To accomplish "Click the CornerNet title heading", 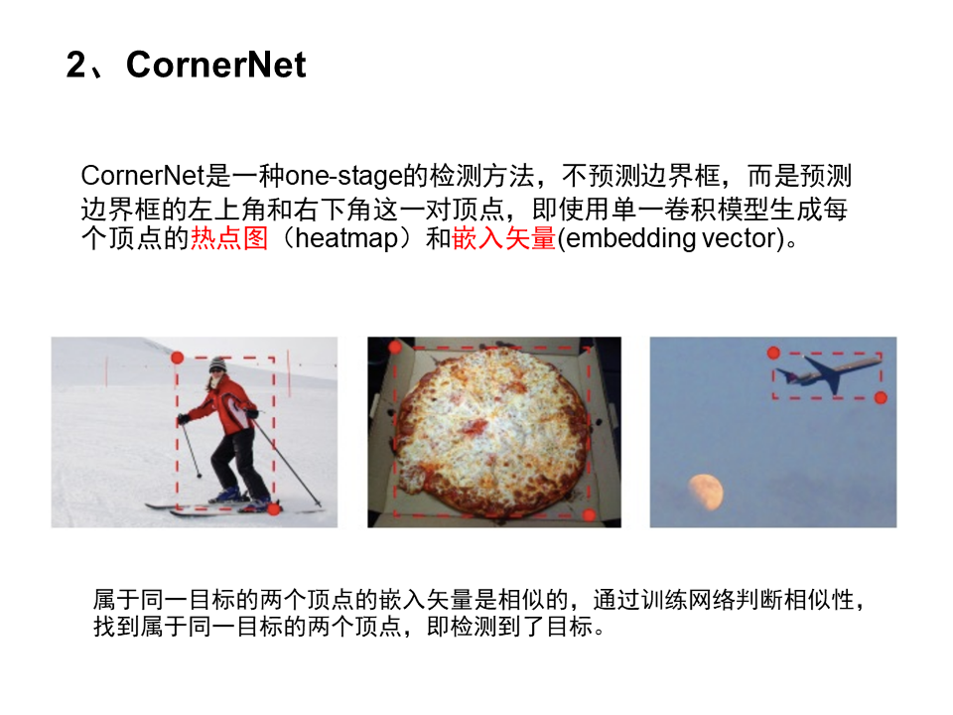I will point(216,66).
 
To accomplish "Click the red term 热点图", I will point(229,239).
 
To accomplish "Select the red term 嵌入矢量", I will point(503,239).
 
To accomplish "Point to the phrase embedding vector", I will point(670,239).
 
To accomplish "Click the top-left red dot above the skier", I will point(177,357).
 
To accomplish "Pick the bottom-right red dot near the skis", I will point(274,507).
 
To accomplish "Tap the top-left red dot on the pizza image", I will point(394,347).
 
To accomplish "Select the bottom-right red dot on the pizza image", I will point(589,514).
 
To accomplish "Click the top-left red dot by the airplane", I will point(773,353).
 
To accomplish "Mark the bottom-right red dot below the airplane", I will point(881,397).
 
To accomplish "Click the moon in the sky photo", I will point(707,489).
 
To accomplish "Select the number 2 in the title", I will point(77,66).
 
